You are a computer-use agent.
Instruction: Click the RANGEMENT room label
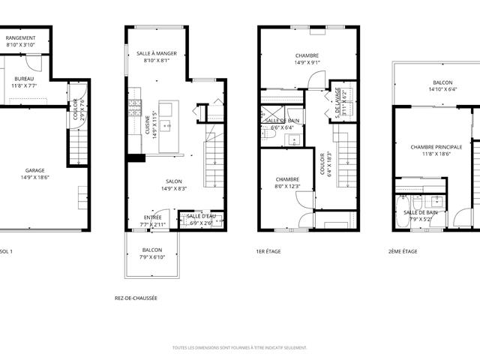[21, 37]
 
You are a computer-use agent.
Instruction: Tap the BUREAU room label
[24, 78]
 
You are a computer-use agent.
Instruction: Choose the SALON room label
[175, 181]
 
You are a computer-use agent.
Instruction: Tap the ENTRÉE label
[152, 217]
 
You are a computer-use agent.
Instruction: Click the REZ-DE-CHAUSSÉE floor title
[136, 298]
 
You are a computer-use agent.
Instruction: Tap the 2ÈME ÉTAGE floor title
[403, 251]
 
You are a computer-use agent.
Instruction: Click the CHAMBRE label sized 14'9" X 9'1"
[307, 55]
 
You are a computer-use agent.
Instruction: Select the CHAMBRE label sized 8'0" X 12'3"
[287, 179]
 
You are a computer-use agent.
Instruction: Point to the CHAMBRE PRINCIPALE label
[436, 147]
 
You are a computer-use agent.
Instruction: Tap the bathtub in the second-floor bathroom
[403, 206]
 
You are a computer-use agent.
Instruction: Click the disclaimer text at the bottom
[239, 348]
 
